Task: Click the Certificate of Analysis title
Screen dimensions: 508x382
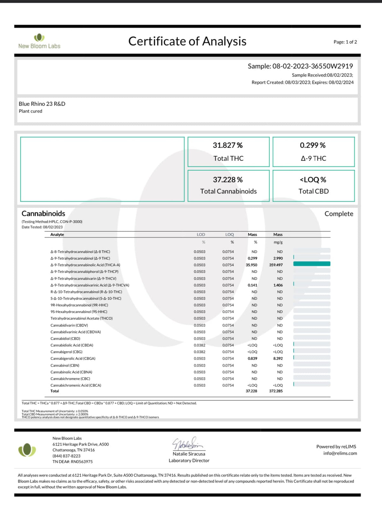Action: pyautogui.click(x=187, y=41)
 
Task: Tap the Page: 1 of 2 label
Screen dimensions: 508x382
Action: pyautogui.click(x=345, y=42)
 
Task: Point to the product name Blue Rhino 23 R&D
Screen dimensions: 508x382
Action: pyautogui.click(x=42, y=104)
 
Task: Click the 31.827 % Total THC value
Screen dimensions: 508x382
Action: pyautogui.click(x=228, y=146)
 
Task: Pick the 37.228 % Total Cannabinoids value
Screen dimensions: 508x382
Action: pyautogui.click(x=228, y=180)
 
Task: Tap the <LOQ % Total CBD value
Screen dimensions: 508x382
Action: pyautogui.click(x=313, y=180)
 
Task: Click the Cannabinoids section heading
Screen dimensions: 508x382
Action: pyautogui.click(x=43, y=214)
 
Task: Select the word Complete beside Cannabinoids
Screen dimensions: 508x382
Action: pyautogui.click(x=339, y=214)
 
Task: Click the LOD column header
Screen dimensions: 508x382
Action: pyautogui.click(x=201, y=235)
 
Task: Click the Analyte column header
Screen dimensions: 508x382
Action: pyautogui.click(x=57, y=235)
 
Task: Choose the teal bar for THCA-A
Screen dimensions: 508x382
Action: pyautogui.click(x=312, y=264)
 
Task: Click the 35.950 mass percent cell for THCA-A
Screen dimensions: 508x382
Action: pyautogui.click(x=251, y=265)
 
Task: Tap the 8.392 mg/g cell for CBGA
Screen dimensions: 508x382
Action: pyautogui.click(x=278, y=359)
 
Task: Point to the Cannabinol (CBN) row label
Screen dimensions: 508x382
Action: pyautogui.click(x=65, y=366)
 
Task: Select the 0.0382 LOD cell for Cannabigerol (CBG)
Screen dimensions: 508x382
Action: pyautogui.click(x=200, y=352)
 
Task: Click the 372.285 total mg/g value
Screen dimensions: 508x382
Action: pyautogui.click(x=276, y=391)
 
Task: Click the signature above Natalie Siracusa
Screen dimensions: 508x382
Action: pyautogui.click(x=187, y=443)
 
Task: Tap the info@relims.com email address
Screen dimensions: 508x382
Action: pyautogui.click(x=340, y=454)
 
